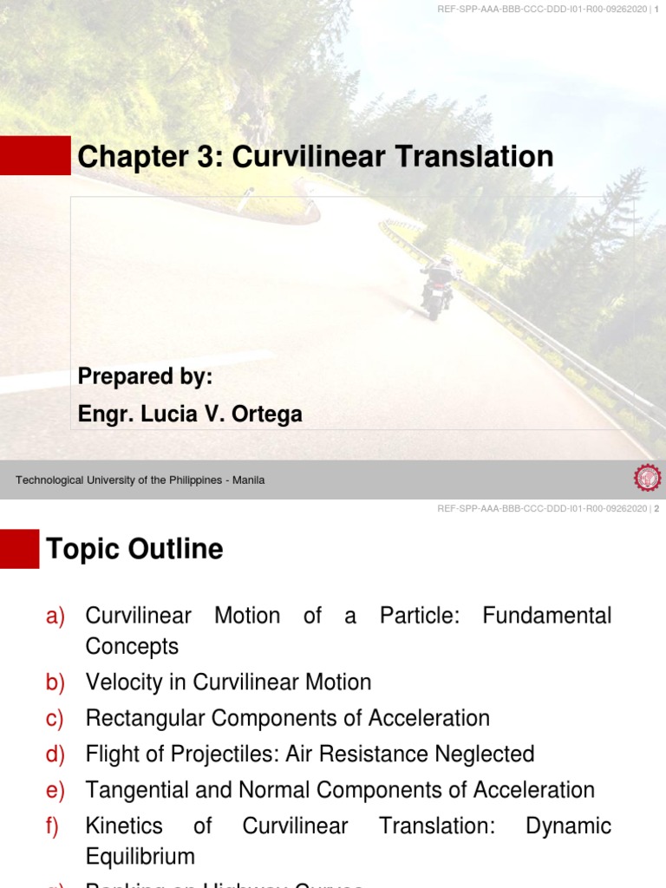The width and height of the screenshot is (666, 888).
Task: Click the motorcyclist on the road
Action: click(x=439, y=286)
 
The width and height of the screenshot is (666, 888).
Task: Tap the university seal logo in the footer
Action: click(x=647, y=479)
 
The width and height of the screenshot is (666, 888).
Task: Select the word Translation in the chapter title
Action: click(x=474, y=157)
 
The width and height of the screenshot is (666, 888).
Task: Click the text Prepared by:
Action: click(x=145, y=377)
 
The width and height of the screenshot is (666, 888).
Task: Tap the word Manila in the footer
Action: click(x=248, y=480)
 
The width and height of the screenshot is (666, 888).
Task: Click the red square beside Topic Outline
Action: click(x=19, y=548)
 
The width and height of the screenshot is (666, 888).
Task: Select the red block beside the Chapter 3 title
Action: click(x=35, y=155)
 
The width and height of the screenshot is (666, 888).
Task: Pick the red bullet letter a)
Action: click(x=55, y=617)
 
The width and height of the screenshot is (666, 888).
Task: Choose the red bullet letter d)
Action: click(x=55, y=754)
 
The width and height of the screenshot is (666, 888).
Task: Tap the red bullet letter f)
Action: click(x=52, y=826)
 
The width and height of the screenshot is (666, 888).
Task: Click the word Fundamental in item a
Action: click(x=546, y=617)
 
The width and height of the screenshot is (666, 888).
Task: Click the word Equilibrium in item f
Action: click(x=140, y=858)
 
